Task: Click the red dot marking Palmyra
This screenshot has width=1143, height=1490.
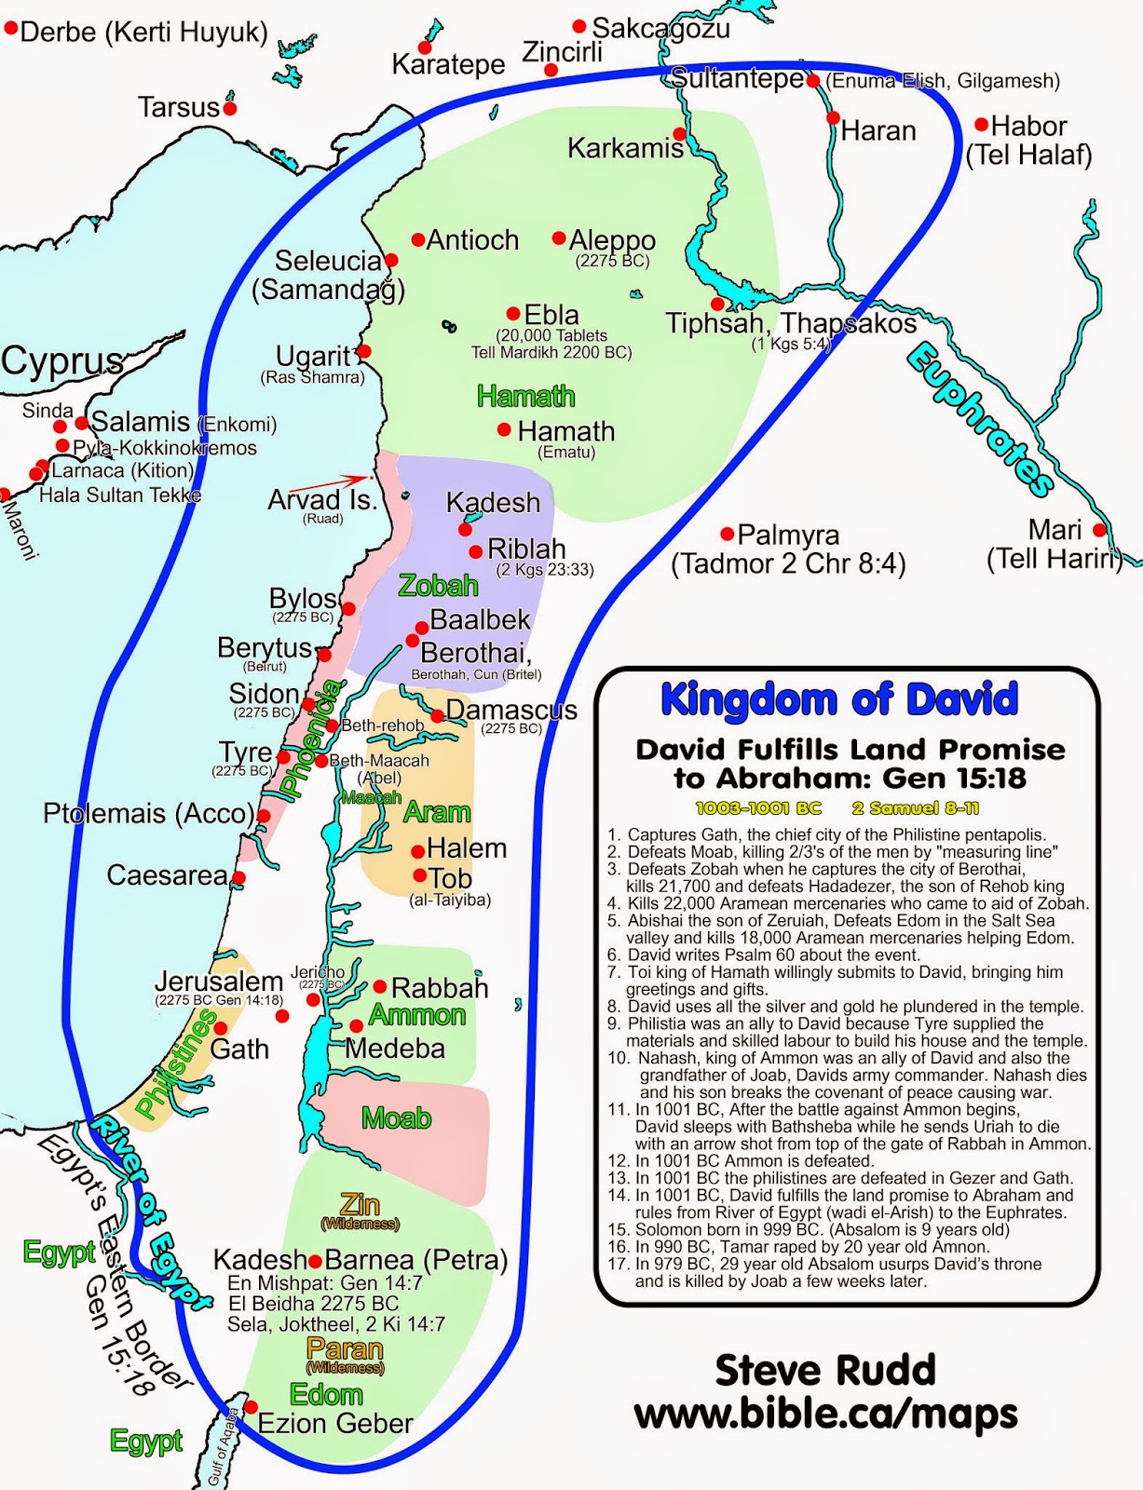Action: tap(728, 534)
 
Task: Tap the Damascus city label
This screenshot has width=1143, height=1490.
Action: tap(510, 710)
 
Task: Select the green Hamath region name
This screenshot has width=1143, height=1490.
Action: tap(525, 397)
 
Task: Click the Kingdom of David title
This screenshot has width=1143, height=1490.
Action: tap(839, 699)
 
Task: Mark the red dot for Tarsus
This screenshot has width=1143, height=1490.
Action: tap(230, 108)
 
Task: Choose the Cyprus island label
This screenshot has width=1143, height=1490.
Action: tap(61, 360)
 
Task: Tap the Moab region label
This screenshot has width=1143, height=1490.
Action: tap(396, 1117)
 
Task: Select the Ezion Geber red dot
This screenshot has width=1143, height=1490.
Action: tap(251, 1407)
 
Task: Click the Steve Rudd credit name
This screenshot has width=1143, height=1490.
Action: tap(824, 1370)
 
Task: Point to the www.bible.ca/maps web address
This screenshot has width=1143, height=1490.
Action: tap(825, 1414)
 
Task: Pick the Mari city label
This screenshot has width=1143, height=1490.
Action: tap(1055, 530)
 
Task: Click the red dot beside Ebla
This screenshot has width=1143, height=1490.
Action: tap(513, 314)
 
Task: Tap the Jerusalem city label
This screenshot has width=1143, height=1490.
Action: tap(219, 982)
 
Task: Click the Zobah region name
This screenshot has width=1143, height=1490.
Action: tap(438, 586)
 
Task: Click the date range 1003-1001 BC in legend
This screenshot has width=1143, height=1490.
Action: tap(758, 808)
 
